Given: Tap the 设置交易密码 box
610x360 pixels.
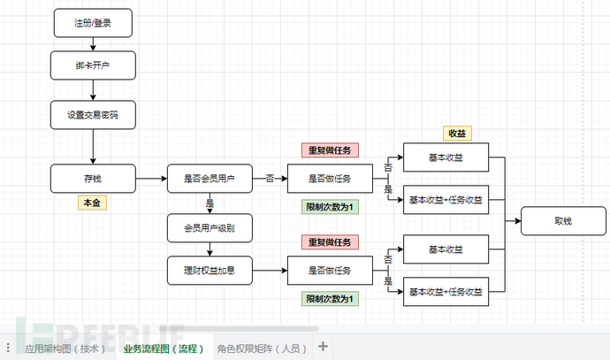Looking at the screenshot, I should point(92,113).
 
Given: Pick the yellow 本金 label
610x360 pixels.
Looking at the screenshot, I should point(92,203).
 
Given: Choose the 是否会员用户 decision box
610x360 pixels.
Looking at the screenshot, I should point(209,178).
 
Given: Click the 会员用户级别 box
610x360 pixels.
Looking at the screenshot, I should point(209,228).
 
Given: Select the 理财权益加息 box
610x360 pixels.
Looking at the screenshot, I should point(209,269).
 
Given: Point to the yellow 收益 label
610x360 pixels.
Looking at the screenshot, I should point(457,133).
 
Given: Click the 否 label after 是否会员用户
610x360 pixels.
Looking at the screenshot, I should point(269,178).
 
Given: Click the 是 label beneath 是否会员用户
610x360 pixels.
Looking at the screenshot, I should point(210,203).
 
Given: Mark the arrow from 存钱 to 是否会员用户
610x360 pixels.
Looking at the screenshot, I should point(150,178).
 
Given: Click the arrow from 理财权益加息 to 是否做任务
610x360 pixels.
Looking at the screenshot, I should point(270,269).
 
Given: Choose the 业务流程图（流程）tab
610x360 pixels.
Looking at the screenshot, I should point(164,348).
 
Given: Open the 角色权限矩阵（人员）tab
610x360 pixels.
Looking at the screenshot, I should point(263,348).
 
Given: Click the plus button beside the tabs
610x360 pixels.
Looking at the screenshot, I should point(324,347).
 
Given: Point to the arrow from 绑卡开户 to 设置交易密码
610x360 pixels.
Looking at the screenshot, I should point(92,89).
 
